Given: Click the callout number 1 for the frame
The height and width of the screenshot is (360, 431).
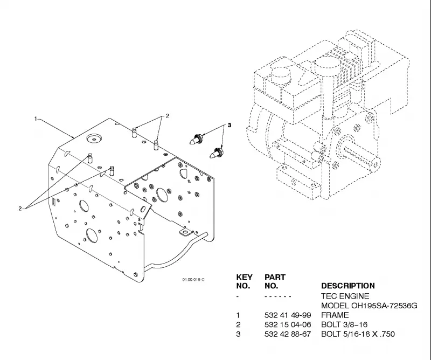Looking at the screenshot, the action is [36, 119].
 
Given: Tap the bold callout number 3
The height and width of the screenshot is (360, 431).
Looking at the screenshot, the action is [230, 125].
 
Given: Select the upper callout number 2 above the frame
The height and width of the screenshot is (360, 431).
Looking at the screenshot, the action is [167, 116].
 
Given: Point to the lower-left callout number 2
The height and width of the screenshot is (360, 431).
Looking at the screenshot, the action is [20, 208].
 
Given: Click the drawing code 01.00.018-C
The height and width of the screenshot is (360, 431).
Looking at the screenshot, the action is [193, 280].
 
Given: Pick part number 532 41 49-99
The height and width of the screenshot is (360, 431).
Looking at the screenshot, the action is [288, 315].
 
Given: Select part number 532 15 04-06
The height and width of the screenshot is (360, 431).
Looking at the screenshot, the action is [288, 324].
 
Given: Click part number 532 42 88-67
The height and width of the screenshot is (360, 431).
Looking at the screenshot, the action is [288, 334].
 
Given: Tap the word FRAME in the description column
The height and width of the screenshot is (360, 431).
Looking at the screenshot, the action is [335, 315].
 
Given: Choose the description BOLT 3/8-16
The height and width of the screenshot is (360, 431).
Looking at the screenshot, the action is [344, 324].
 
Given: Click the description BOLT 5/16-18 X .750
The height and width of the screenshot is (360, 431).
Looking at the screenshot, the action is [358, 334].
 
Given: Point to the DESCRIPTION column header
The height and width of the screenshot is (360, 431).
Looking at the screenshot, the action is [348, 286].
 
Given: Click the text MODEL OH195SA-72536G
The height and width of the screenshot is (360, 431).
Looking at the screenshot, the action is [369, 306].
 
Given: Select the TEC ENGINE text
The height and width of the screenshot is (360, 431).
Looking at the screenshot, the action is [345, 296].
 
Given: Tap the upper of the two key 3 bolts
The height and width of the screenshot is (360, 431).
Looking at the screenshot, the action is [197, 139].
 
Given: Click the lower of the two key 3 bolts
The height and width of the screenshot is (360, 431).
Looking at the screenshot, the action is [217, 153].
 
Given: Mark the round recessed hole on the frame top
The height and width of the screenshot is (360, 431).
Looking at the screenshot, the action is [94, 139].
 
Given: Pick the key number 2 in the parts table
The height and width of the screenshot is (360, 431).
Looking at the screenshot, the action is [238, 324].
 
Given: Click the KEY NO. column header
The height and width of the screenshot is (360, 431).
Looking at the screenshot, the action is [244, 281].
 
